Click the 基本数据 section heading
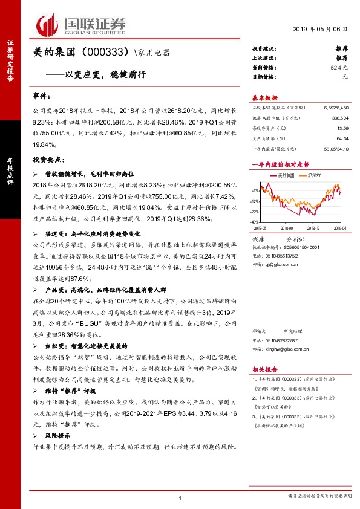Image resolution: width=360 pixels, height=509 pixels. click(264, 98)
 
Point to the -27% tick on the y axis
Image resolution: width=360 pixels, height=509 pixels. click(255, 212)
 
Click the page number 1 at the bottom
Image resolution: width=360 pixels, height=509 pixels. click(180, 497)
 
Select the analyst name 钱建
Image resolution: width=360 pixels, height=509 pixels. click(258, 239)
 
